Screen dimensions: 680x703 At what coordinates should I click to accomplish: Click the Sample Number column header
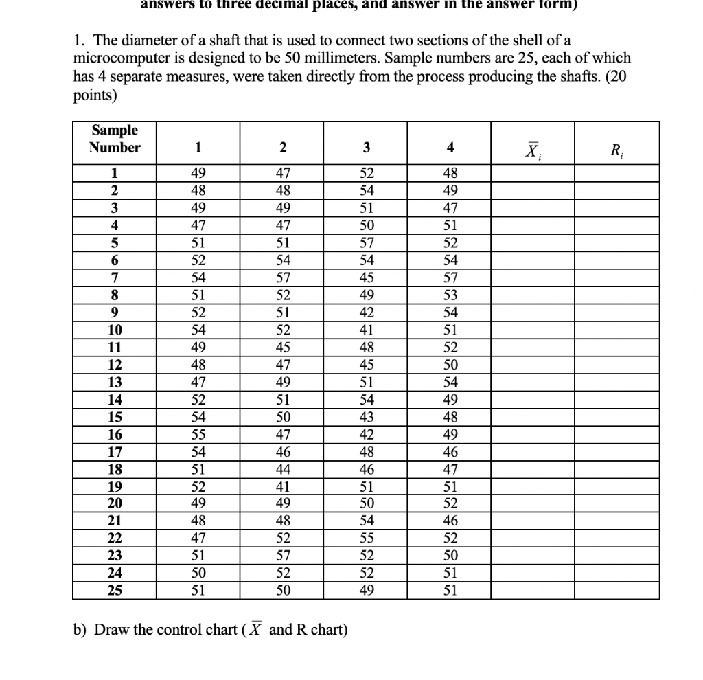[114, 139]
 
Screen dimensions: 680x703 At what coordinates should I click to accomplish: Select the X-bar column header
[533, 148]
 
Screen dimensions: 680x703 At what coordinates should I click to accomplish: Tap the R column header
[616, 148]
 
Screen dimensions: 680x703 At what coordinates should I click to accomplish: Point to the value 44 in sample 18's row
[282, 469]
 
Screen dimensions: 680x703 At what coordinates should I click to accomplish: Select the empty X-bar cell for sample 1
[533, 174]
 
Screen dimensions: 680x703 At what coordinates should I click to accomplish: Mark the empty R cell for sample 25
[616, 591]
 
